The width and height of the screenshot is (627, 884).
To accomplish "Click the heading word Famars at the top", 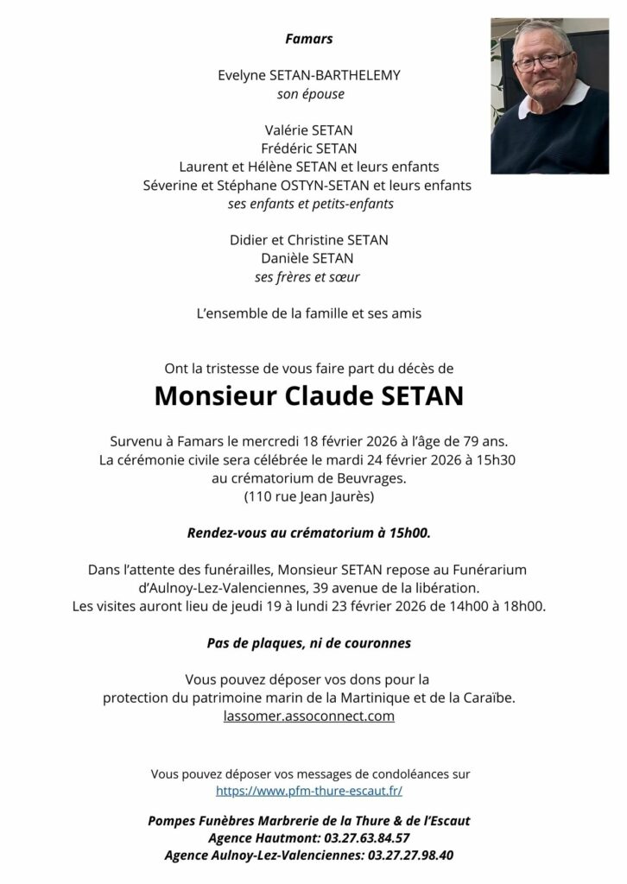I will pos(308,39).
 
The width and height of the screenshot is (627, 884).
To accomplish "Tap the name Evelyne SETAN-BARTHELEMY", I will pos(308,76).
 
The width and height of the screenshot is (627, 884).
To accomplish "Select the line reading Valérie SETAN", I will pos(309,130).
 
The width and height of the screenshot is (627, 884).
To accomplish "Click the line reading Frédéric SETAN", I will pos(309,148).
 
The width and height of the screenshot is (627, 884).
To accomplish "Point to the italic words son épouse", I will pos(309,93).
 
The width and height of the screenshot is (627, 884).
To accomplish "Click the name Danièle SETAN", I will pos(309,258).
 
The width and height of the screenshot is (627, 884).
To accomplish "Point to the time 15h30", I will pos(497,459).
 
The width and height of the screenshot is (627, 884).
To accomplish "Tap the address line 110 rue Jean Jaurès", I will pos(308,497).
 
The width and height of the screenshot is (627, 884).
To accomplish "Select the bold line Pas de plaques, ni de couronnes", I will pos(308,642).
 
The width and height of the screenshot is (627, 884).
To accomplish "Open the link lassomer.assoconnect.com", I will pos(308,716).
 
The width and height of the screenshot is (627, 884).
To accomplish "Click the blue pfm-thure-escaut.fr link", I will pos(308,790).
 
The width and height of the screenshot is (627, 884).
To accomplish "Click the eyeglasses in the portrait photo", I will pos(541,60).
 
